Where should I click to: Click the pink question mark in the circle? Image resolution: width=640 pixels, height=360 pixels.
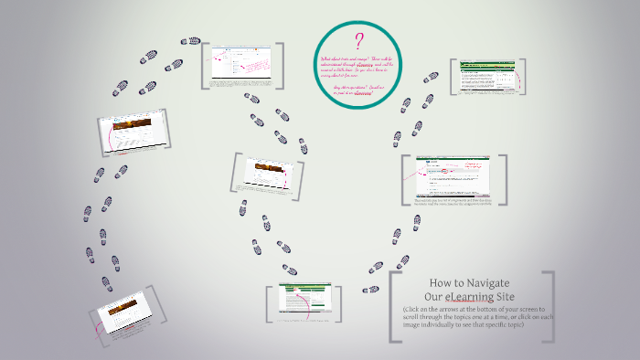(359, 42)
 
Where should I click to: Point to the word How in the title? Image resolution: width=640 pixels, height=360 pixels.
(442, 283)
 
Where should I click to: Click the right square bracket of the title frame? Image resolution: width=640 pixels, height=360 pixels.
(549, 307)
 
